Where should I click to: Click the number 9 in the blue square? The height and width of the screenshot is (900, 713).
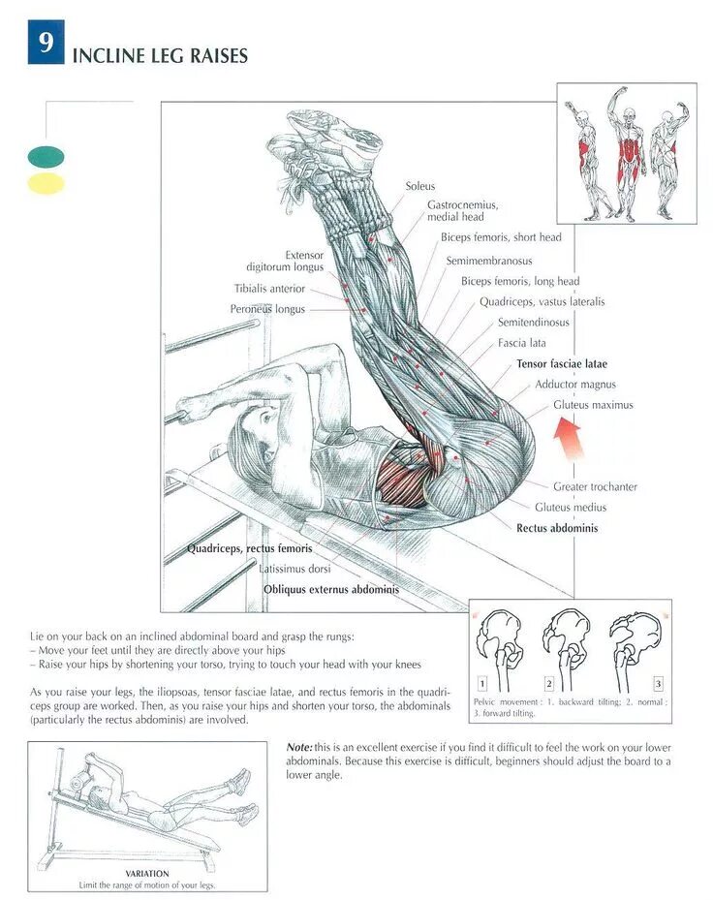pos(46,46)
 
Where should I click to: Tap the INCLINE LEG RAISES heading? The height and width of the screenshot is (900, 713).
pos(160,56)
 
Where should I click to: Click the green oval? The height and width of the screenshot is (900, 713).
pos(46,156)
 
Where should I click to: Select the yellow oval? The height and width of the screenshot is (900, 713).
pos(46,183)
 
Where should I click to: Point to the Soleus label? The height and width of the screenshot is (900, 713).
pos(420,186)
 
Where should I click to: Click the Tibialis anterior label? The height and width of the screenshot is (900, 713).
pos(269,289)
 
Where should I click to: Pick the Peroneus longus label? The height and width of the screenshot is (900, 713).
pos(267,309)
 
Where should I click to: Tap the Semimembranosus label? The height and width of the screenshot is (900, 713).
pos(488,262)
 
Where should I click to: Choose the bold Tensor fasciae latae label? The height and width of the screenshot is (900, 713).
pos(561,364)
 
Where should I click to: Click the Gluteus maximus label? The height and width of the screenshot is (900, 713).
pos(593,405)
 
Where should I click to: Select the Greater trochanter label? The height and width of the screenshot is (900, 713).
pos(595,487)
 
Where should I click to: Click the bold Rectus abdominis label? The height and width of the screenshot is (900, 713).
pos(557,529)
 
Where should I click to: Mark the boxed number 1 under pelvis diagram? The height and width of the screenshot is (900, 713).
pos(481,684)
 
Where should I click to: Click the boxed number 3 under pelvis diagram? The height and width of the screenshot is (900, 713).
pos(658,684)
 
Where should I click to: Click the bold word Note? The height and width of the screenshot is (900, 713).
pos(299,748)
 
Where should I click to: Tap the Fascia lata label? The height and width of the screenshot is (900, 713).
pos(522,343)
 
